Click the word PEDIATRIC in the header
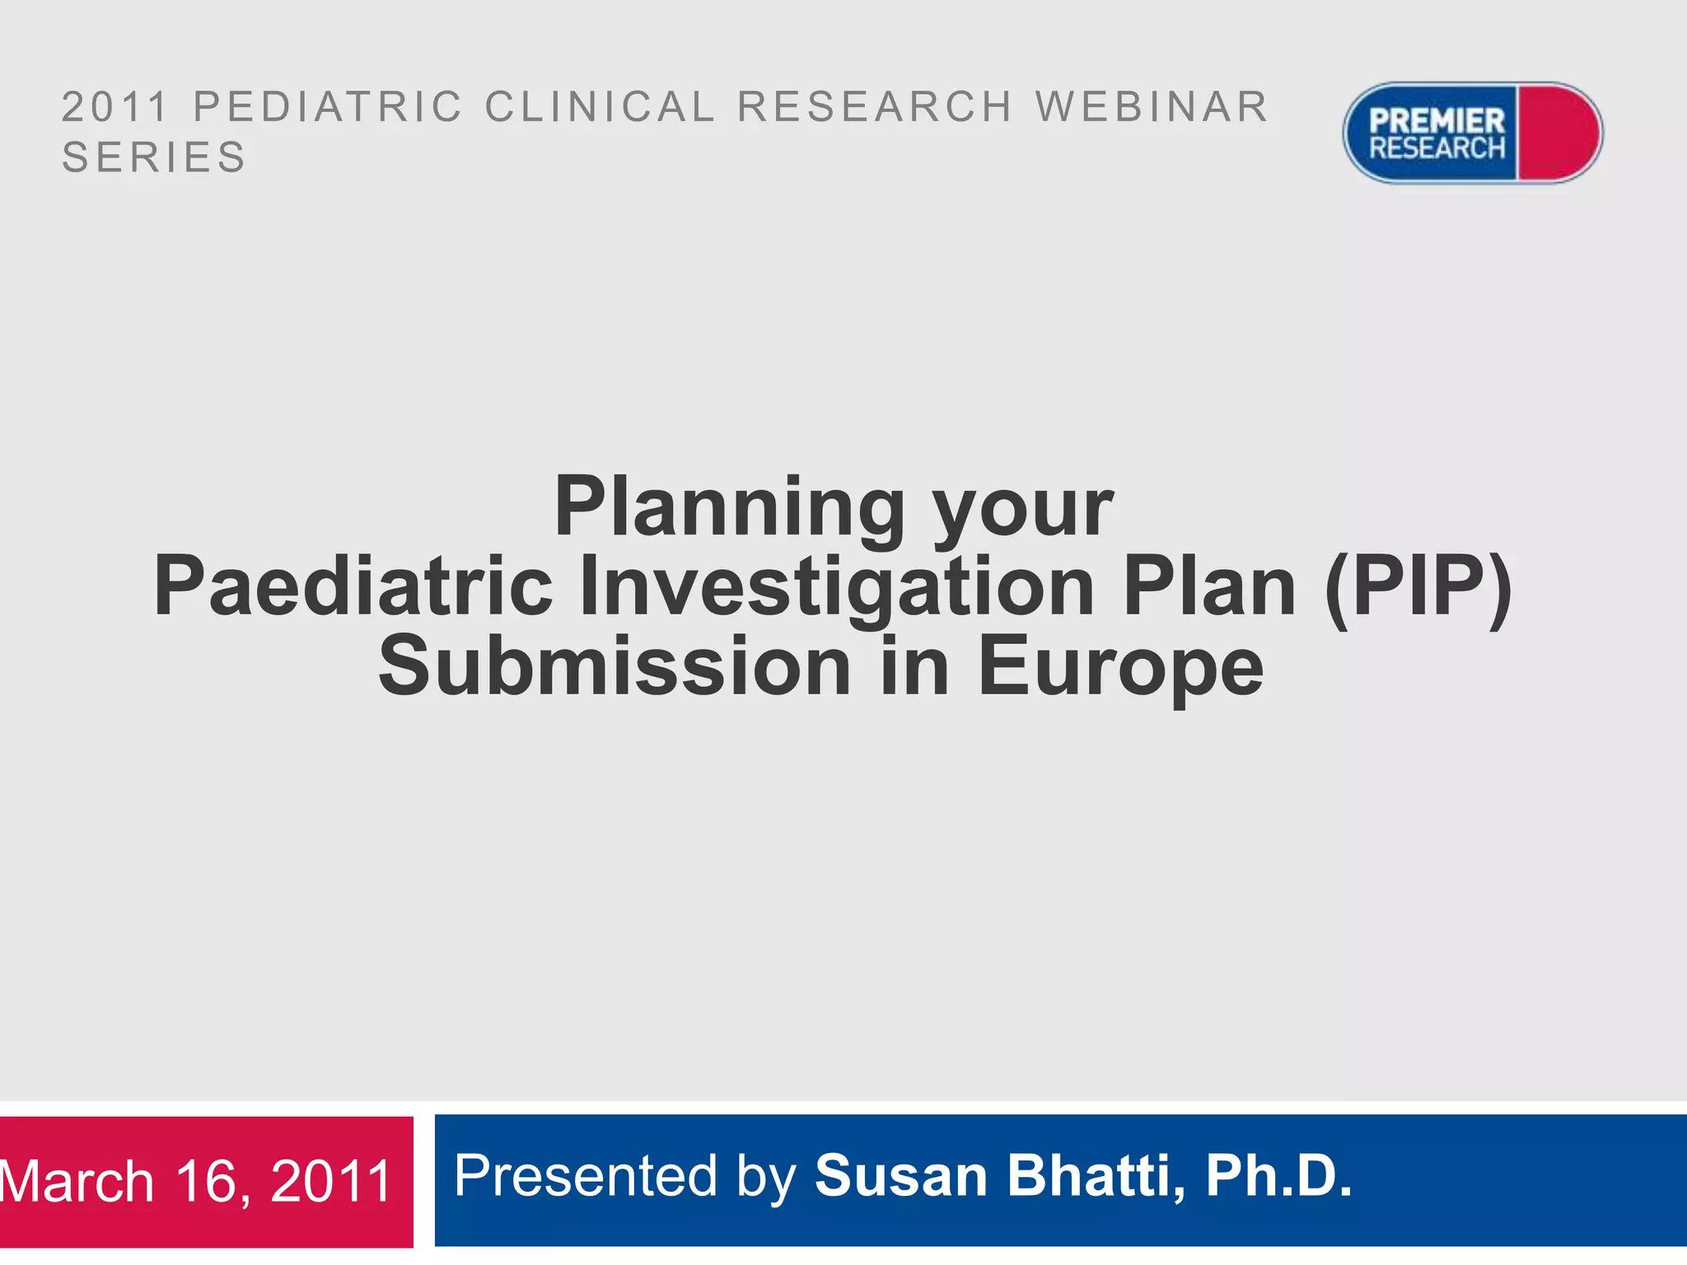[x=328, y=107]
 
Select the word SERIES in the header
[x=154, y=157]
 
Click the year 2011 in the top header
[x=115, y=107]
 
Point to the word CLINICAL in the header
[x=600, y=107]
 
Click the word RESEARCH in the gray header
[x=874, y=107]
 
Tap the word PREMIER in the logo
[x=1437, y=121]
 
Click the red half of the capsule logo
[x=1558, y=133]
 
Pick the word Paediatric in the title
[x=353, y=587]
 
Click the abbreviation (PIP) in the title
[x=1418, y=587]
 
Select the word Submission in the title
[x=615, y=666]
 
